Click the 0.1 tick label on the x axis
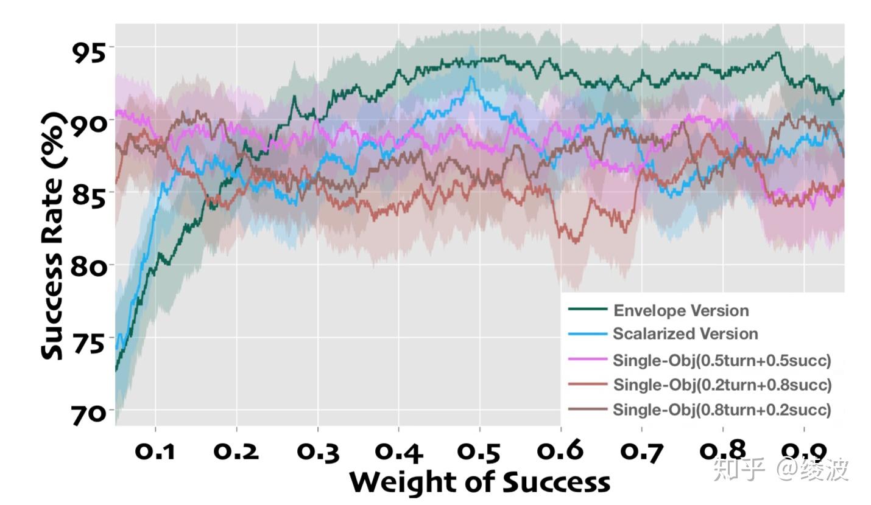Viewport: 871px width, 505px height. click(155, 452)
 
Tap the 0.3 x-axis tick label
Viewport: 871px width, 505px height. click(317, 452)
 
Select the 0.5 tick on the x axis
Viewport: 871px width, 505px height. click(479, 452)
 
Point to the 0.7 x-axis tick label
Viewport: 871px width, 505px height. click(641, 452)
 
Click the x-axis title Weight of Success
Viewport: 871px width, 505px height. click(479, 482)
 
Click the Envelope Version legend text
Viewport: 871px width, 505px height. click(681, 311)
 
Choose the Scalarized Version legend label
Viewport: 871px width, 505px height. click(685, 334)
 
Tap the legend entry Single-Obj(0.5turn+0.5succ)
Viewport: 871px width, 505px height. click(722, 360)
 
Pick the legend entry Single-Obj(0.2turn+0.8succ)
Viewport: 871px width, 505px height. click(722, 385)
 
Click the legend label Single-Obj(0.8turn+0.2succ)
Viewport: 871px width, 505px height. click(722, 409)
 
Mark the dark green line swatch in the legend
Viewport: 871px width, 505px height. click(588, 310)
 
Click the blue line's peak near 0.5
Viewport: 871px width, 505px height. click(471, 78)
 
